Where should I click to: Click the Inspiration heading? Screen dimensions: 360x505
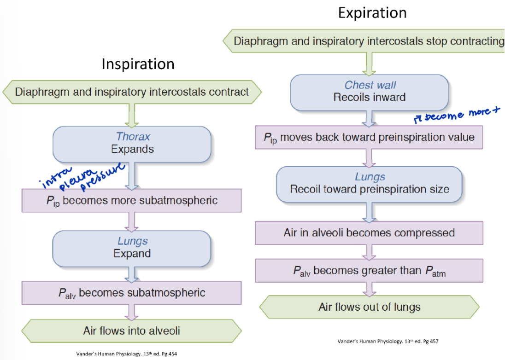[x=138, y=64]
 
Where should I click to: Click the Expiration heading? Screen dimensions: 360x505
[x=372, y=13]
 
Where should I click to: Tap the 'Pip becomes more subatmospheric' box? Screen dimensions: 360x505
[x=132, y=201]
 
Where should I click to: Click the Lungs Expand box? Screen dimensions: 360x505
[x=132, y=247]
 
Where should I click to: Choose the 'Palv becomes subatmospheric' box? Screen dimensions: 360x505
[x=132, y=293]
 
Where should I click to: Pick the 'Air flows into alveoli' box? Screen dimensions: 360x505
[x=132, y=330]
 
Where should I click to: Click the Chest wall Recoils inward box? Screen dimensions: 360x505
[x=370, y=91]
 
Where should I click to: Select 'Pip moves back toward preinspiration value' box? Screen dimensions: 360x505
[x=369, y=137]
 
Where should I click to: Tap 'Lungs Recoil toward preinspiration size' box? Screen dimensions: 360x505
[x=369, y=183]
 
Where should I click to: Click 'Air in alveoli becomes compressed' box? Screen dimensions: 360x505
[x=369, y=232]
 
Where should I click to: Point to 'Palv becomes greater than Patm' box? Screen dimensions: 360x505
[x=369, y=271]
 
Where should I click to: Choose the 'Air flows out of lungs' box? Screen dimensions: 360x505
[x=370, y=307]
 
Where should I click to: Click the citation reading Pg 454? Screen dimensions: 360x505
[x=127, y=354]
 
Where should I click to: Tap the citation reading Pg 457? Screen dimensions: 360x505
[x=387, y=341]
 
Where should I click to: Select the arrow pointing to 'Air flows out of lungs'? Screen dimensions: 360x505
[x=369, y=289]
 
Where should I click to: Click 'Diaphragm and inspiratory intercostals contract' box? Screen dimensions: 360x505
[x=132, y=92]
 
